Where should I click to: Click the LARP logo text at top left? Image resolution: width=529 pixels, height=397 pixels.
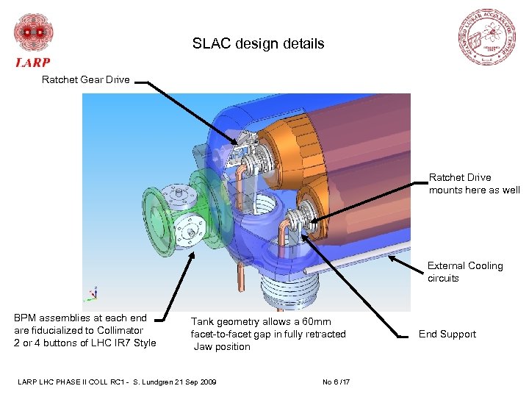(x=34, y=62)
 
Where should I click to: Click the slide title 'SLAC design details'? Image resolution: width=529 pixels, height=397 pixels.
(x=258, y=43)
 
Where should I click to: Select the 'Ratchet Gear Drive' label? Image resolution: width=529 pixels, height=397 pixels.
(x=85, y=79)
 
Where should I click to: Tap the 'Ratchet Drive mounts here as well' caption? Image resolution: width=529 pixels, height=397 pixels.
(x=474, y=184)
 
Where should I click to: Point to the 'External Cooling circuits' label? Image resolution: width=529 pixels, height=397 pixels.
(x=465, y=272)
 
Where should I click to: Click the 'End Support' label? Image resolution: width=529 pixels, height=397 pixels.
(x=447, y=334)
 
